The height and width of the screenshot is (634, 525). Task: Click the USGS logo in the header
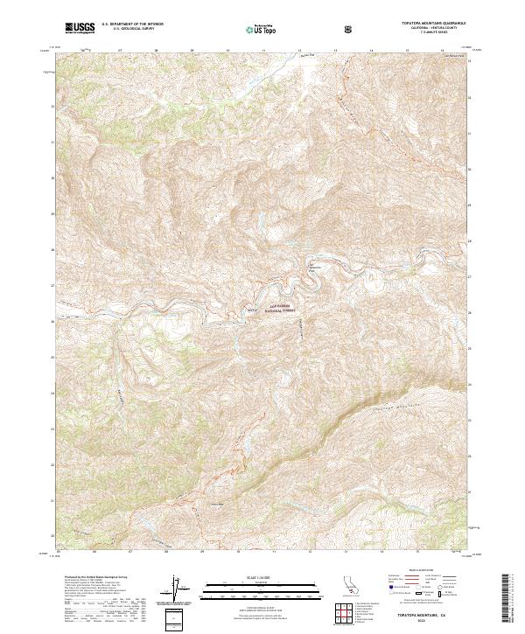pos(81,29)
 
